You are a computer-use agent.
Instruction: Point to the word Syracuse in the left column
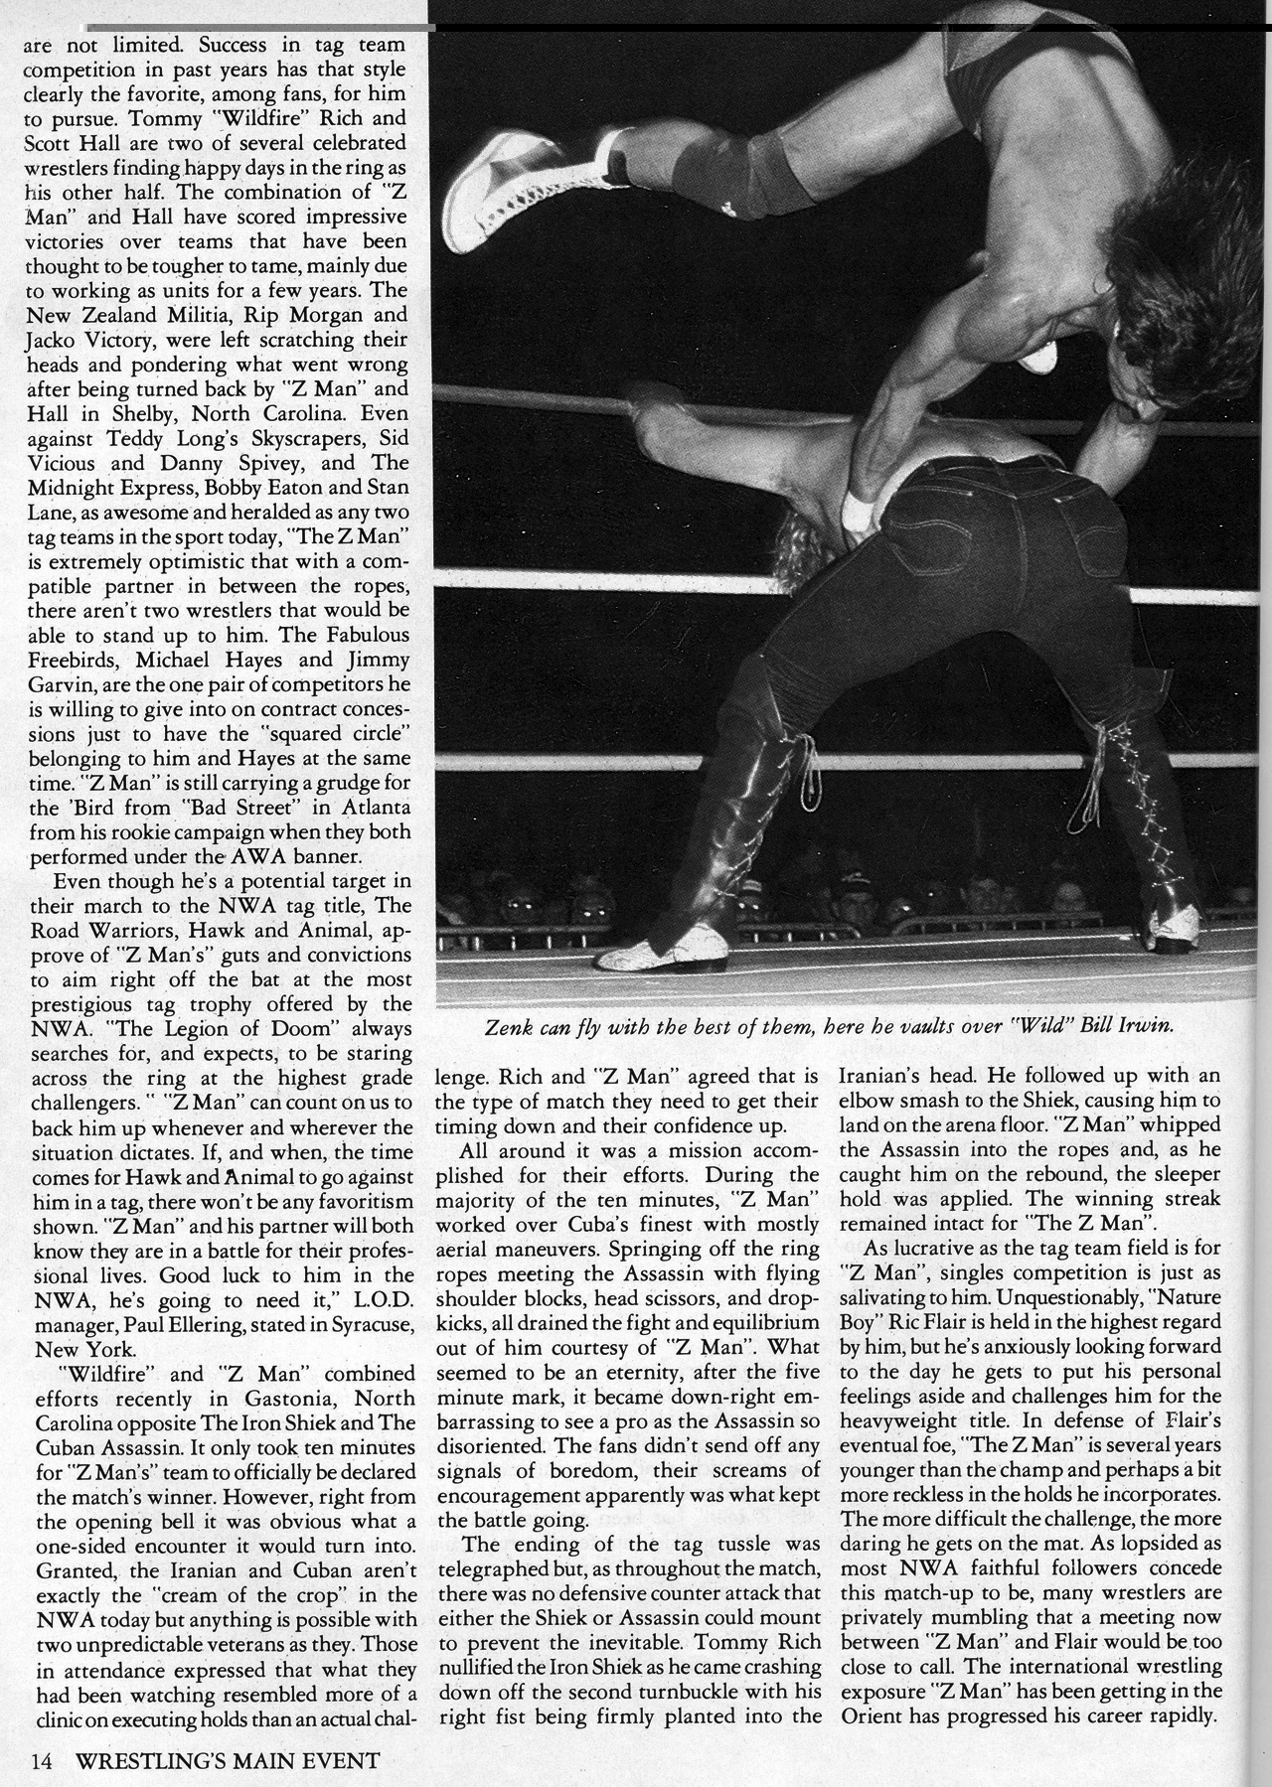(x=352, y=1324)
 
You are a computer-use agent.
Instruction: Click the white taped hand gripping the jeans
(x=856, y=509)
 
